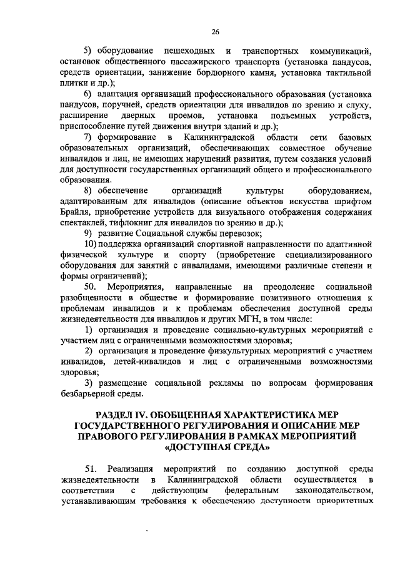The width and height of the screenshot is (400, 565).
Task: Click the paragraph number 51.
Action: (x=89, y=468)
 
